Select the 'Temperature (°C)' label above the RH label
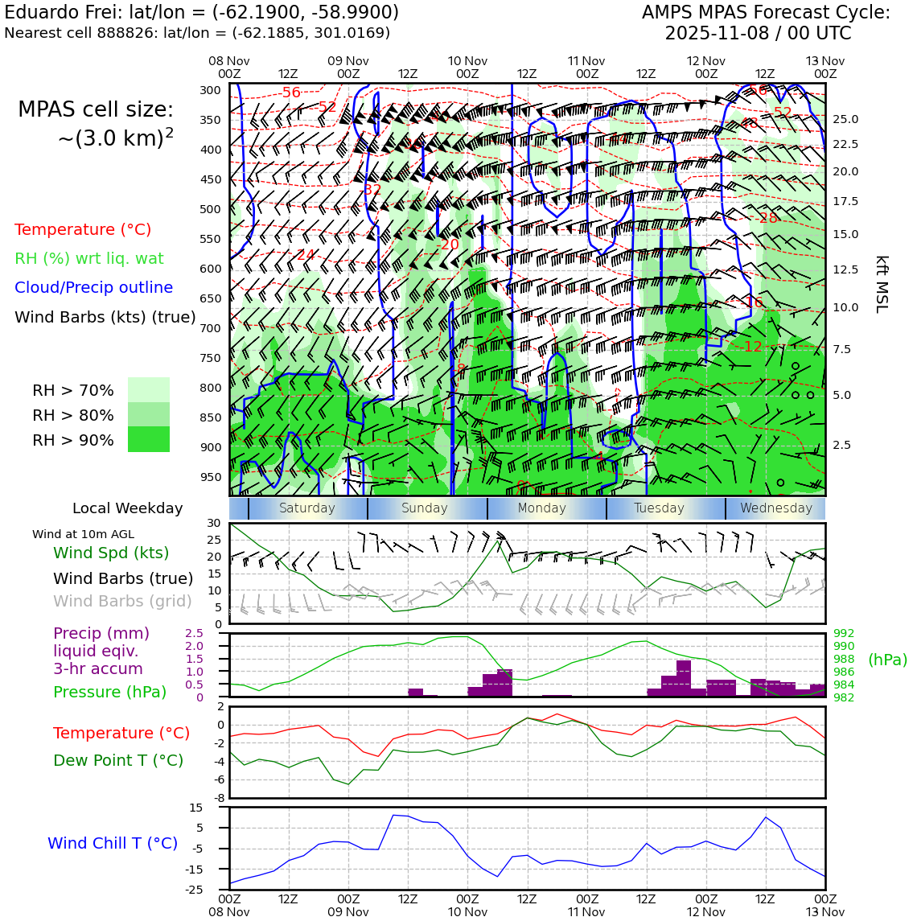83,230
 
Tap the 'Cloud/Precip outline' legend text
93,288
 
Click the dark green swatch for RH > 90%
149,439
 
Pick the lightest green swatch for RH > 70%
149,389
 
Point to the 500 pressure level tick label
210,209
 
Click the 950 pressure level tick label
210,477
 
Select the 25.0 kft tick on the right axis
845,119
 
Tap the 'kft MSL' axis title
882,284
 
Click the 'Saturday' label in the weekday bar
306,508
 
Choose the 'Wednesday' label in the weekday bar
775,508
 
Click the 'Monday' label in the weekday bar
541,508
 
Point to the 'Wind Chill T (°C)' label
113,843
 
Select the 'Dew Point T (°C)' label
118,760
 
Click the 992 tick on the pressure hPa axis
844,634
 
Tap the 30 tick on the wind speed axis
213,523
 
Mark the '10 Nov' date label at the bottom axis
467,911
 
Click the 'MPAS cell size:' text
96,110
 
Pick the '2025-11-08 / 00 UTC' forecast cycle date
758,34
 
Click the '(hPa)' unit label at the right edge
887,660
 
